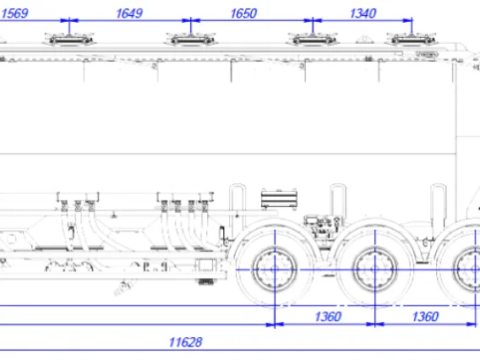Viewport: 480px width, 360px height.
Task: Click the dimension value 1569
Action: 14,14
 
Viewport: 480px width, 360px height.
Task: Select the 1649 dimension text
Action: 129,14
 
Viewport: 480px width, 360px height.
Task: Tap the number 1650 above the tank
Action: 243,14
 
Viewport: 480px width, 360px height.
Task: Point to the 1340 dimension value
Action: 363,14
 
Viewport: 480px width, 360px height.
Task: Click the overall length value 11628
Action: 186,342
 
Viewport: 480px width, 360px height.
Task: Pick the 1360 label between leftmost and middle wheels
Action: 328,317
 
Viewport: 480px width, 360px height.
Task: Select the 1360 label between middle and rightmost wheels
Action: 425,317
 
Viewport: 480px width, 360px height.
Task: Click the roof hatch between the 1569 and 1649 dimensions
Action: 69,40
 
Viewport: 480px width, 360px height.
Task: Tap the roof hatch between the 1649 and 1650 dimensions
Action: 191,40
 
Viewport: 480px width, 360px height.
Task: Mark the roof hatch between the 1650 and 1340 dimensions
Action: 313,40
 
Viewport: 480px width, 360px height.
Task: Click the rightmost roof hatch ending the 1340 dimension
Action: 412,40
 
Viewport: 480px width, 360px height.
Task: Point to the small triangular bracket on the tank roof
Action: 363,40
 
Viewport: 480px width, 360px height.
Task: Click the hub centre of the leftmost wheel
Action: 275,270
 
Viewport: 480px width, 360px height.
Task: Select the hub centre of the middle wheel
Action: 375,270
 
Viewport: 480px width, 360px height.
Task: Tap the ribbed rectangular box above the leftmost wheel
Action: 279,199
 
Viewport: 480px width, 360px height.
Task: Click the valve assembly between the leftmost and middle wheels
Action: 323,226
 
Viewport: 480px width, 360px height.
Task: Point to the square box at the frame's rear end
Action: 208,265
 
